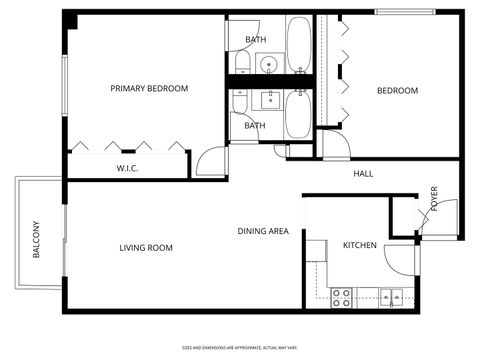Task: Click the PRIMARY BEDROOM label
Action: tap(149, 89)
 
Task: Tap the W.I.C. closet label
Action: tap(127, 168)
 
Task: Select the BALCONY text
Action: tap(37, 239)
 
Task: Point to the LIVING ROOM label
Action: tap(146, 248)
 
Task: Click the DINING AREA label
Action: tap(263, 232)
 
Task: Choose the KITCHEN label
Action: tap(359, 246)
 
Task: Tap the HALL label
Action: tap(363, 174)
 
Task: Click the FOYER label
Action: tap(435, 198)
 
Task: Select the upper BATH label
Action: tap(255, 40)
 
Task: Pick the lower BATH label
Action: tap(255, 126)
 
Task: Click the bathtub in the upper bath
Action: tap(299, 44)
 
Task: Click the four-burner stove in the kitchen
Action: tap(342, 296)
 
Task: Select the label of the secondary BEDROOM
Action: tap(397, 91)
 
